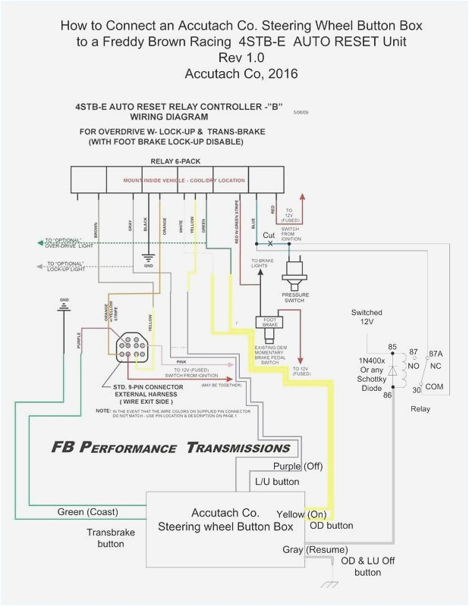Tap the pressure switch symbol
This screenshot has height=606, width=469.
[295, 273]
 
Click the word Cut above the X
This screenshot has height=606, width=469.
[269, 236]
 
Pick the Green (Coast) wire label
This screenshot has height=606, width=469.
[87, 512]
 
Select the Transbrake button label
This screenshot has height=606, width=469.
[110, 538]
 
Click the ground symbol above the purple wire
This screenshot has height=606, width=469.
[63, 305]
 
